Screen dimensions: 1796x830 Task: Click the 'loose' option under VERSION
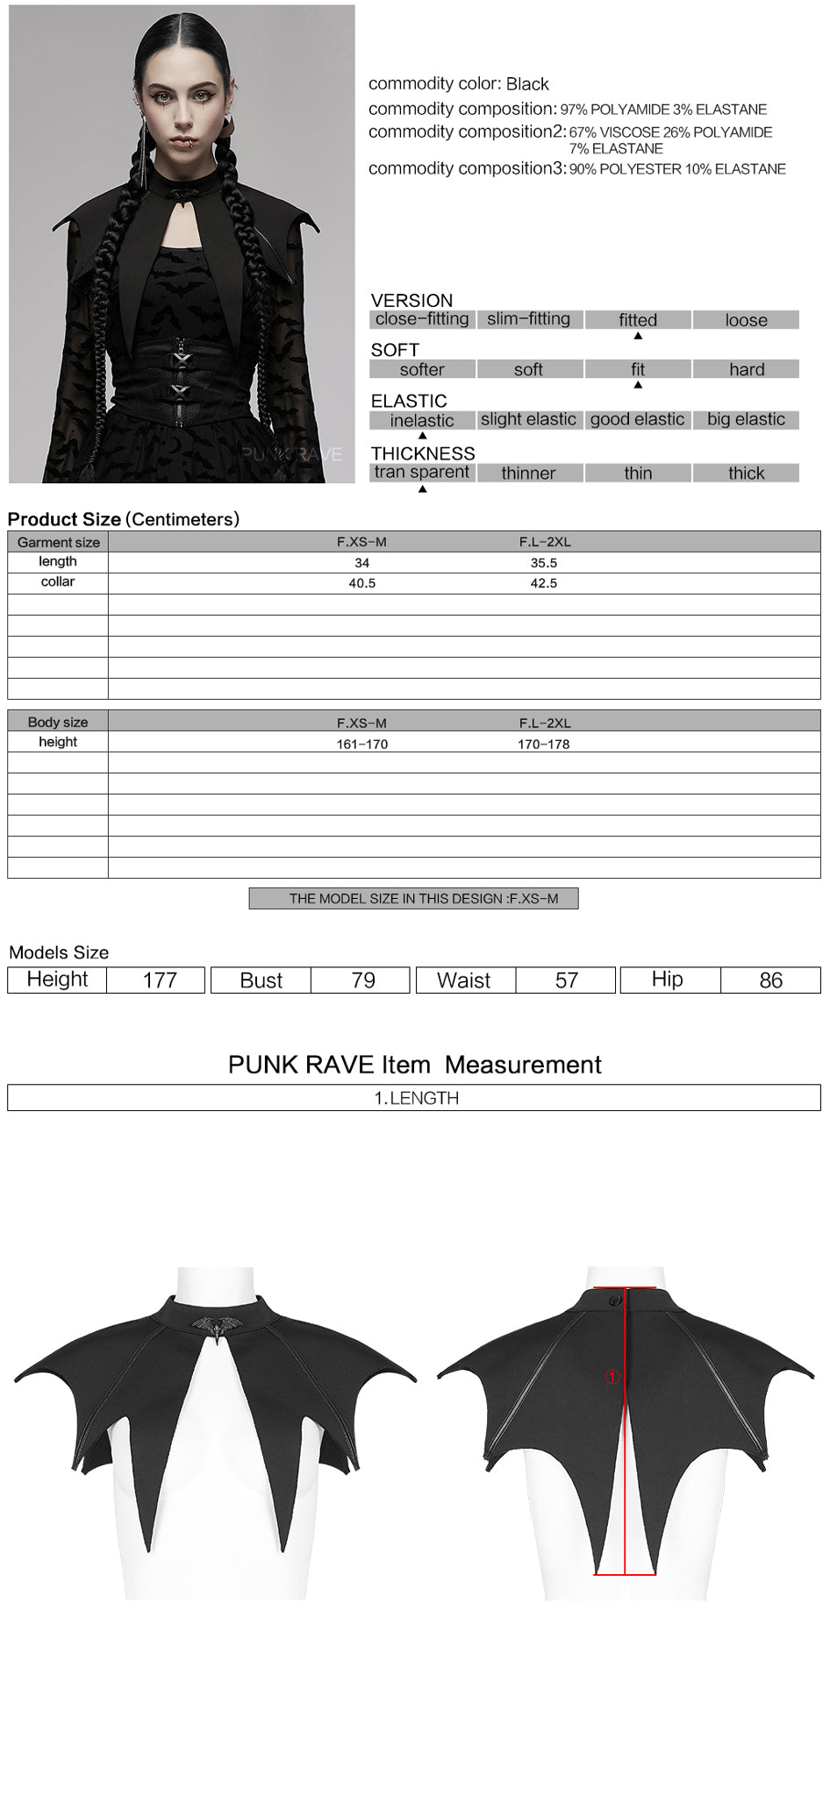click(x=746, y=320)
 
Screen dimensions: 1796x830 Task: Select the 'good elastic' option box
click(x=637, y=419)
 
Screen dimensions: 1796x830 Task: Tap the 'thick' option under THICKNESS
click(x=746, y=474)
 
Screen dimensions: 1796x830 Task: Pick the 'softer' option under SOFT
click(x=422, y=369)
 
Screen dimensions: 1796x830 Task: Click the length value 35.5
click(x=543, y=563)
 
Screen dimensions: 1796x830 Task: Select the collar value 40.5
click(x=361, y=583)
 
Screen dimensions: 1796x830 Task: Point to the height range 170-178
click(x=543, y=744)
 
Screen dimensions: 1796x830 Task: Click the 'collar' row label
click(x=58, y=582)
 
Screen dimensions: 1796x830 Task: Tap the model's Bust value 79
click(x=362, y=980)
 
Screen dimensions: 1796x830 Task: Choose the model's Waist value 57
click(x=567, y=980)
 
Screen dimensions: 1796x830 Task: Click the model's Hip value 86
click(x=770, y=980)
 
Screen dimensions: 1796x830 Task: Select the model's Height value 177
click(x=160, y=980)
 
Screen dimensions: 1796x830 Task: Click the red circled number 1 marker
click(x=612, y=1378)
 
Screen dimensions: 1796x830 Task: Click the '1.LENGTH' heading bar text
click(x=416, y=1098)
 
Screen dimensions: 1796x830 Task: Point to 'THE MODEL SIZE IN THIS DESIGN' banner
click(x=414, y=899)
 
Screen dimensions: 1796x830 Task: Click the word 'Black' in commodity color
click(x=527, y=84)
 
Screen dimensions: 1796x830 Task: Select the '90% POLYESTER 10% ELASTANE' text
click(x=677, y=169)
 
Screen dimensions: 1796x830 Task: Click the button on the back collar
click(x=615, y=1300)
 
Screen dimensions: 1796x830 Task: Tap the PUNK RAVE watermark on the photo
click(x=291, y=454)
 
